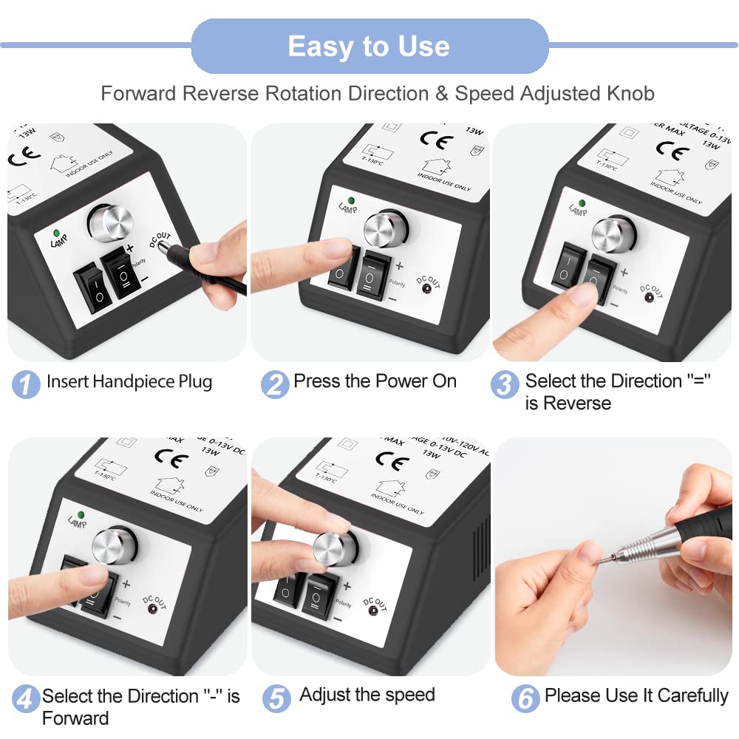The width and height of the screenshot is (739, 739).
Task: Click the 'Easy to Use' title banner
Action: click(x=369, y=47)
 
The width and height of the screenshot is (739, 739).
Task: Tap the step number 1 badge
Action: click(x=26, y=384)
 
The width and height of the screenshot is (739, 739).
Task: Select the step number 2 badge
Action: click(x=275, y=384)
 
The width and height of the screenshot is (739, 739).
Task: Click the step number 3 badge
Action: click(x=505, y=384)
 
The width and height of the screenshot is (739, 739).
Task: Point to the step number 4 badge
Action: click(x=26, y=698)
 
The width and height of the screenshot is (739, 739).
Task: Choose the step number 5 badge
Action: click(x=276, y=698)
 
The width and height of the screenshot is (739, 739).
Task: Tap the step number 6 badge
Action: click(x=525, y=698)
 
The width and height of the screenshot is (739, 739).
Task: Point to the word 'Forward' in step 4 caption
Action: click(x=75, y=718)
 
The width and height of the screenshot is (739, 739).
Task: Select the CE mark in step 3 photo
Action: click(x=672, y=151)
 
